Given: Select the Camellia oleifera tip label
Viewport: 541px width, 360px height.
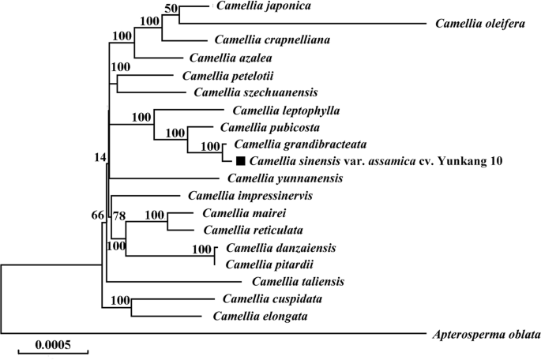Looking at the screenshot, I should pyautogui.click(x=481, y=24).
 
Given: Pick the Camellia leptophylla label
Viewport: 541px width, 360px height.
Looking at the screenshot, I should pyautogui.click(x=276, y=111).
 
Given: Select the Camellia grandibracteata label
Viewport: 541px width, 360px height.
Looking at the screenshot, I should pyautogui.click(x=290, y=144).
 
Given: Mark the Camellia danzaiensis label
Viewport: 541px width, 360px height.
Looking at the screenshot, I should pyautogui.click(x=270, y=248).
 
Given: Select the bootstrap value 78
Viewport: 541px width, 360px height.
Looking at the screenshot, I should pyautogui.click(x=119, y=216).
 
